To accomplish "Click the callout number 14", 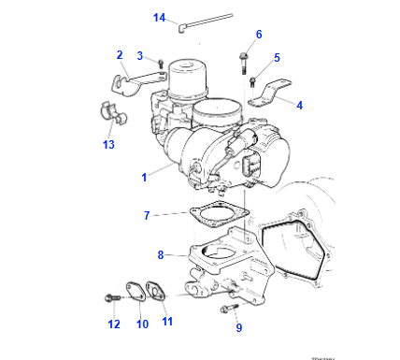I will [158, 17].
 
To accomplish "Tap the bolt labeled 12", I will [112, 298].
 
